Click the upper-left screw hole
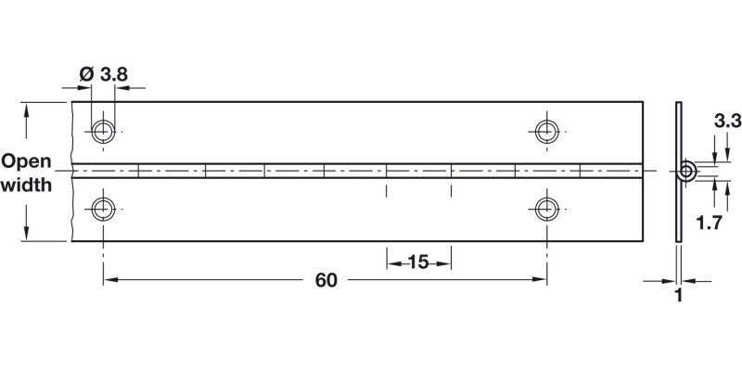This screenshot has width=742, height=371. coord(104,131)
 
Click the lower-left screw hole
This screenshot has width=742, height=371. coord(104,208)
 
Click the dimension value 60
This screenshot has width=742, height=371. coord(325,279)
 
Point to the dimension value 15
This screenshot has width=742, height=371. coord(418,262)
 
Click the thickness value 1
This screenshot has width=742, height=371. coord(679,297)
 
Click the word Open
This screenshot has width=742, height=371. coord(26,160)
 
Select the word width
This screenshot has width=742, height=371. coord(26,185)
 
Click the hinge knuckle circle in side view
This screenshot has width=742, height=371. coord(686,171)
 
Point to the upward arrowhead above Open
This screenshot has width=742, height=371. coord(27,110)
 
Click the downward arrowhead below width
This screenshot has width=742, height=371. coord(27,233)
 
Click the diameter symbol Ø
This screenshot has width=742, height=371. coord(85,73)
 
